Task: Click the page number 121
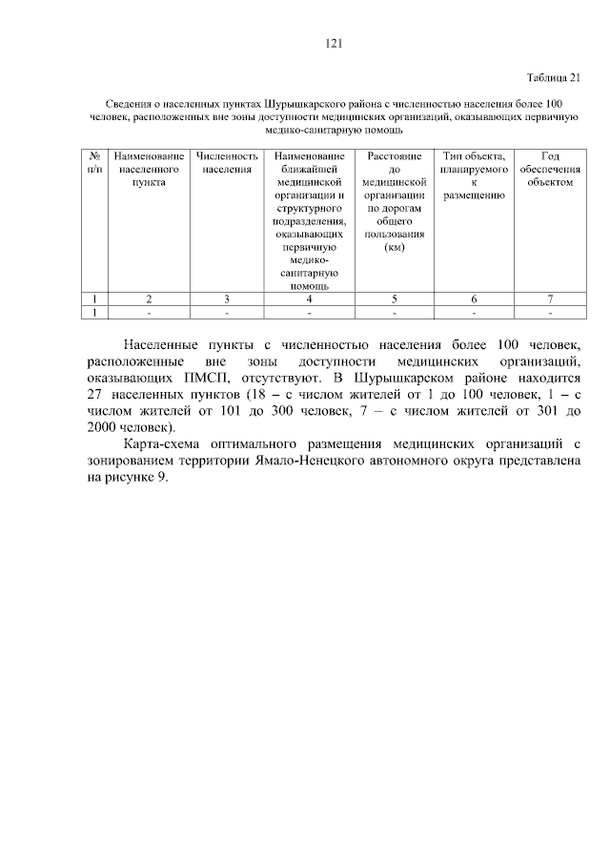(333, 43)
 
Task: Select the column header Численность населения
(227, 162)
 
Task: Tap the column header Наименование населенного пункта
(149, 167)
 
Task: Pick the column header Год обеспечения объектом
(550, 167)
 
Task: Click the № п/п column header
(94, 162)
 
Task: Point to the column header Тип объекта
(474, 154)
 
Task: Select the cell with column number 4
(310, 298)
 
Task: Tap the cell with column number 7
(550, 298)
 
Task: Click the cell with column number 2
(149, 298)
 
